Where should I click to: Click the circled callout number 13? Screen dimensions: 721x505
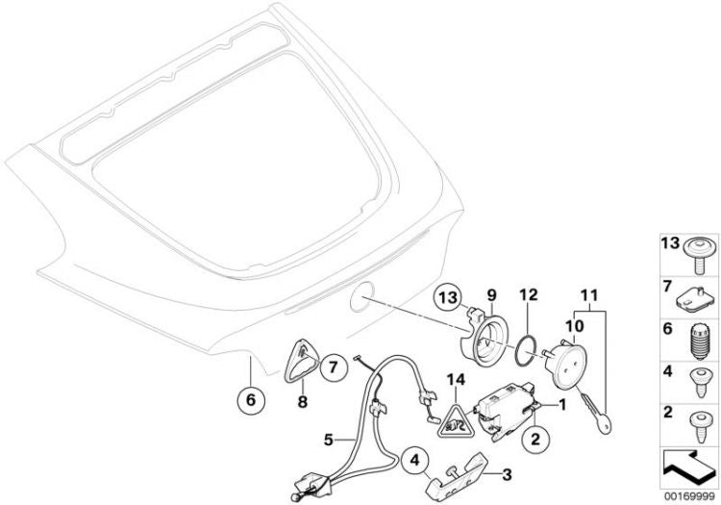(448, 297)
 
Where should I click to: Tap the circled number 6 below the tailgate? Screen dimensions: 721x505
(251, 400)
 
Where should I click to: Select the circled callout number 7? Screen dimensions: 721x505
(333, 367)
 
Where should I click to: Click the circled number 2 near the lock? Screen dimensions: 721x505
(535, 440)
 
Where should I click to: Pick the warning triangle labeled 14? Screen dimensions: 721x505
(455, 420)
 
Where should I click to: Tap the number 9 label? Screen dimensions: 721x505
(492, 294)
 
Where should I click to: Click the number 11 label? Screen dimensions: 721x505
(590, 295)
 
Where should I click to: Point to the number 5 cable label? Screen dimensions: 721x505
(328, 440)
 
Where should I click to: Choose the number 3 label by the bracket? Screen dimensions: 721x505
(507, 474)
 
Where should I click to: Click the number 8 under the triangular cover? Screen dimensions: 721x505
(302, 402)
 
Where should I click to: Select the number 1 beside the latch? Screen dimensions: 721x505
(561, 405)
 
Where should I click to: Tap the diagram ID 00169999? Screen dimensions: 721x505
(688, 496)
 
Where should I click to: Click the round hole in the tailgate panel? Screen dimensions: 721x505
(362, 296)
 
